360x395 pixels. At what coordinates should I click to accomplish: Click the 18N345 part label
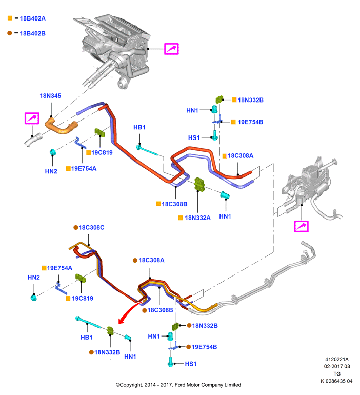50,96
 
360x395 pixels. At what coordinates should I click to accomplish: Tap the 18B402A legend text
32,18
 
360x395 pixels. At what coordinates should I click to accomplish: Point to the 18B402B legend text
32,33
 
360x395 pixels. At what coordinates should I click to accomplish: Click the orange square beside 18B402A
10,18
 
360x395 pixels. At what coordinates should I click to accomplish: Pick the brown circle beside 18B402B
10,33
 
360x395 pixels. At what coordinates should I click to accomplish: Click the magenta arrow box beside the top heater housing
171,49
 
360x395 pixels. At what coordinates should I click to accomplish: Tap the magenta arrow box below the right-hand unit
302,226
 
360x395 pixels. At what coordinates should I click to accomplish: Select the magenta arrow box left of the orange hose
32,118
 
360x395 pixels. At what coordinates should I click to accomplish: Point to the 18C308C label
91,227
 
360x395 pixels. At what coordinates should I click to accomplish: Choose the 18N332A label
197,218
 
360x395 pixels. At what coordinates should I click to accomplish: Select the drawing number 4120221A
337,359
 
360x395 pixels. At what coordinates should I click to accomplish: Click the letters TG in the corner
337,373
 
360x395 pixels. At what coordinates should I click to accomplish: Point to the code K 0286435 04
336,381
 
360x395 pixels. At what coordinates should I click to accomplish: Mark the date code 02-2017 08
337,366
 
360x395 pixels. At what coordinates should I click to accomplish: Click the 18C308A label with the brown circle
151,260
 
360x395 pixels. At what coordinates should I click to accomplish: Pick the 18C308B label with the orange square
174,204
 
